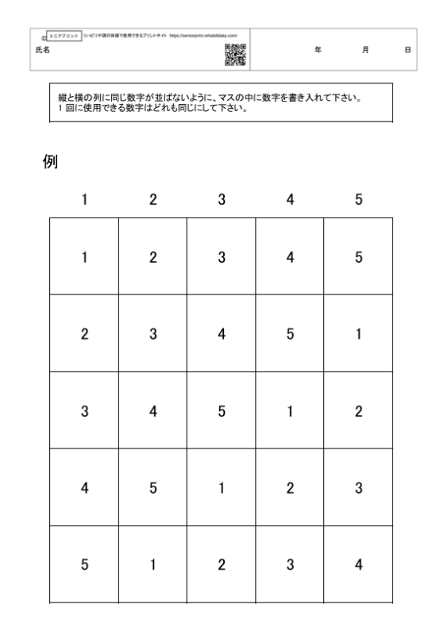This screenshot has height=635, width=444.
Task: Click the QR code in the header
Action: [x=236, y=52]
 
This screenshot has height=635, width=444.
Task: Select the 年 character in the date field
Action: [x=318, y=49]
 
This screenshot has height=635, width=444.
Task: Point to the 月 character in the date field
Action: [x=365, y=49]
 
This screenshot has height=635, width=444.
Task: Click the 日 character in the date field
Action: [x=407, y=49]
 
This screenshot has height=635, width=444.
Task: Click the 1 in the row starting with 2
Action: [x=358, y=333]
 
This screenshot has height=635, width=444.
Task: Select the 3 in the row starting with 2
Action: [x=153, y=333]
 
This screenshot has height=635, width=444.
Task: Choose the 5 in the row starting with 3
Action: [x=222, y=411]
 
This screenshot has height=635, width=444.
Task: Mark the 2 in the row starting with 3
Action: [x=358, y=411]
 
